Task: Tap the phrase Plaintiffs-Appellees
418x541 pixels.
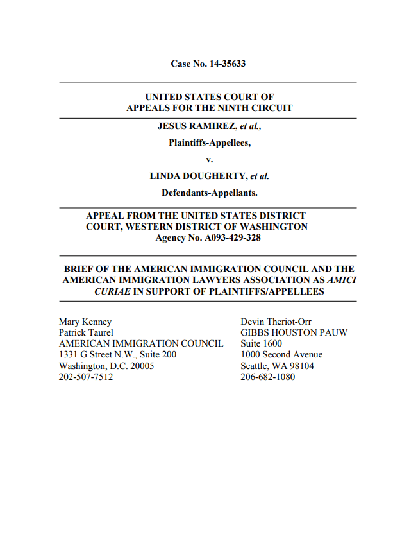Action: pos(209,142)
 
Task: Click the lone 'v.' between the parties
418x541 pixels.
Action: pos(209,159)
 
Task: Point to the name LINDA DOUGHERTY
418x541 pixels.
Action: pos(198,176)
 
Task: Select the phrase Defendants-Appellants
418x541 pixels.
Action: pos(209,193)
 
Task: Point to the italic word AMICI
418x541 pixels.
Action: pos(342,280)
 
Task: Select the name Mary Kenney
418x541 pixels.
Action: pos(85,321)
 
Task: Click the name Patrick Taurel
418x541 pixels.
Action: pos(86,332)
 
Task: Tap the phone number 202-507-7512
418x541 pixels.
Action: pos(86,377)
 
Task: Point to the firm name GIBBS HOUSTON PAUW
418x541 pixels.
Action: pos(294,332)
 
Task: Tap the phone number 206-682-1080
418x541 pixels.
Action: pos(267,377)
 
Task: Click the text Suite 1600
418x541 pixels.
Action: pos(261,343)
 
